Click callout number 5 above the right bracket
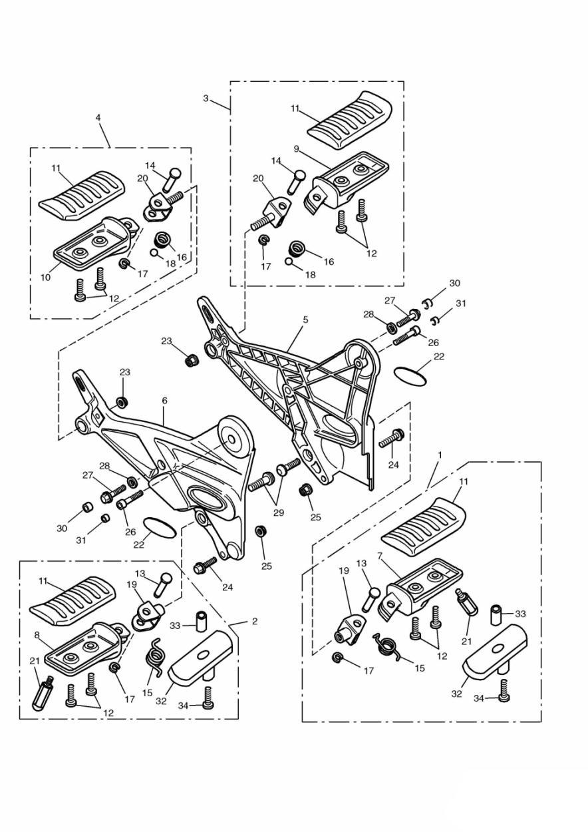click(305, 320)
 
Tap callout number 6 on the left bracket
click(165, 401)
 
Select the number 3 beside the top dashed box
click(206, 99)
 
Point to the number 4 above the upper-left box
click(98, 118)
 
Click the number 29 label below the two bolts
click(279, 513)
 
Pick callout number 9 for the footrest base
click(296, 149)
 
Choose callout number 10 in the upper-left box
click(45, 278)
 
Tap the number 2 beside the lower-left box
click(254, 621)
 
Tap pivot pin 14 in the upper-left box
click(171, 180)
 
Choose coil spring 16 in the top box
click(297, 248)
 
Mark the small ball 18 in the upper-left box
click(154, 252)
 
